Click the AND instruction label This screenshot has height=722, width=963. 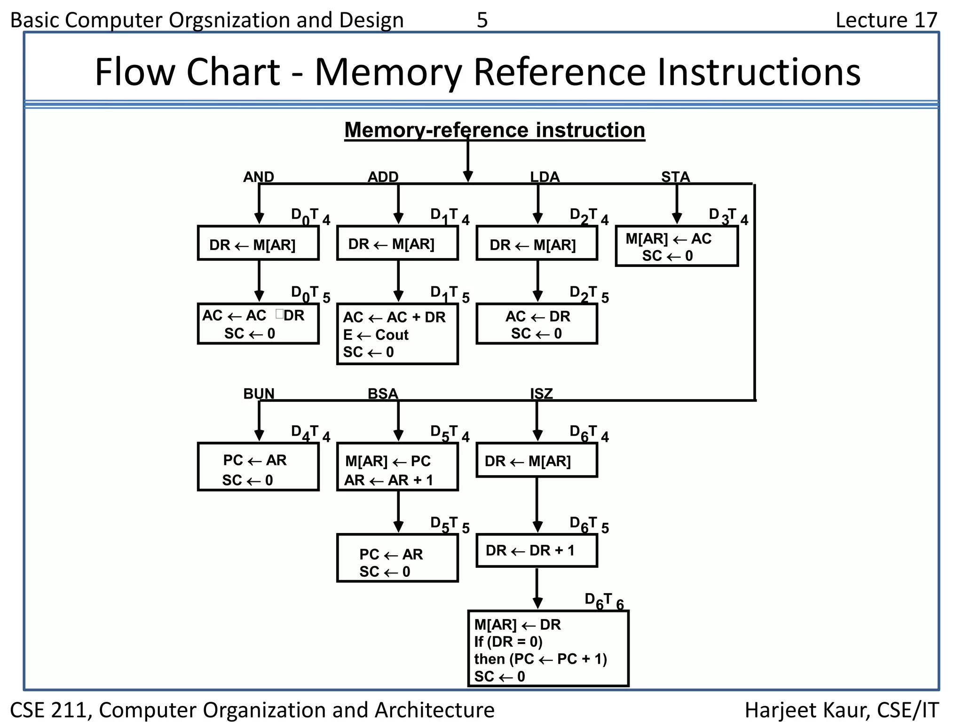coord(258,177)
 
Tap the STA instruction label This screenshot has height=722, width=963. coord(675,177)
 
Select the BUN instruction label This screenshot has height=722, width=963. coord(259,394)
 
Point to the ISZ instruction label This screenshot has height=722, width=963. coord(541,394)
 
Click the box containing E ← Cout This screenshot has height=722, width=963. coord(397,334)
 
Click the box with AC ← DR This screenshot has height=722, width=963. coord(537,324)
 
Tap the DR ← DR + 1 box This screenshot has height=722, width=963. coord(537,550)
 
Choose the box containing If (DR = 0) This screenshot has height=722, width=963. coord(548,649)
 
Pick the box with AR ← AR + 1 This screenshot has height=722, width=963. coord(397,467)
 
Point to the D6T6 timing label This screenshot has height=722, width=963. coord(604,601)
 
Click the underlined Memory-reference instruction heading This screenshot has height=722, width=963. coord(494,130)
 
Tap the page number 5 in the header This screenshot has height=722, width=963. coord(482,20)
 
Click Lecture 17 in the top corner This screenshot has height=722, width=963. coord(886,20)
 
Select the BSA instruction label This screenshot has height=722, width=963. coord(382,394)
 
